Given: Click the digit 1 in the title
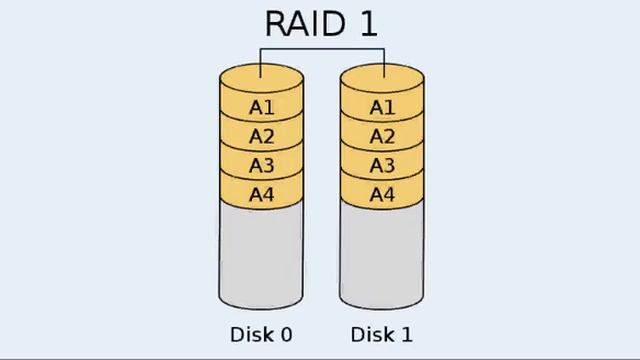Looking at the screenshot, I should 367,23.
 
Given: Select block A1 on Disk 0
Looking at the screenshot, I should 261,107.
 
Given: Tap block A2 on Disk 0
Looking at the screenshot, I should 261,136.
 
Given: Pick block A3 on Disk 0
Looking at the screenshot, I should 261,165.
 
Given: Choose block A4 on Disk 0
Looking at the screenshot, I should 261,194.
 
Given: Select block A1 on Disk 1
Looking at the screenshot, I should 381,107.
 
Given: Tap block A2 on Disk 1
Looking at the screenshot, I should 381,136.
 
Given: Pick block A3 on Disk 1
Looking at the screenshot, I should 381,165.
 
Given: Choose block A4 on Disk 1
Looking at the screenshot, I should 381,194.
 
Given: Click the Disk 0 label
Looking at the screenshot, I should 260,333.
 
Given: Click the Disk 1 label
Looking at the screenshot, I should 380,333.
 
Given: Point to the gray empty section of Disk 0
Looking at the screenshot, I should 261,255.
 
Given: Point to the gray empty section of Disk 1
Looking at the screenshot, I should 381,255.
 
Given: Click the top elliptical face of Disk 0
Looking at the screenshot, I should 261,79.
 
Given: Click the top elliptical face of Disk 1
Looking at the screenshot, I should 381,79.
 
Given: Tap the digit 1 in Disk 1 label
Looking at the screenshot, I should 405,333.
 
